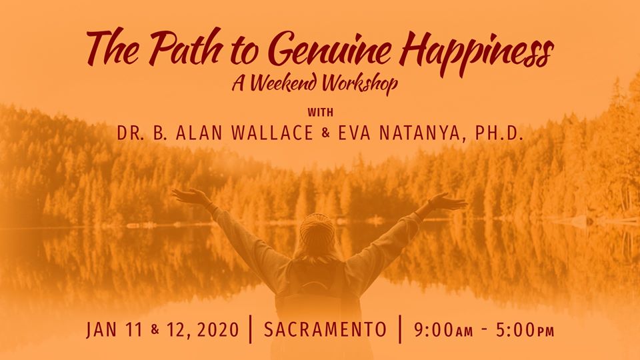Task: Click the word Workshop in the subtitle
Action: coord(359,84)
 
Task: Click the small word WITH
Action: coord(321,112)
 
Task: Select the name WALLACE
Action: coord(272,133)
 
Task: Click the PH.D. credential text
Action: coord(499,133)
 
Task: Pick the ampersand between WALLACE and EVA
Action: coord(326,134)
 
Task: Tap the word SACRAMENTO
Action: coord(325,330)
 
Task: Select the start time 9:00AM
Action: coord(443,330)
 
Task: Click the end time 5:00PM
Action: coord(525,330)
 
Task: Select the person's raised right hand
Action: coord(446,201)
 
